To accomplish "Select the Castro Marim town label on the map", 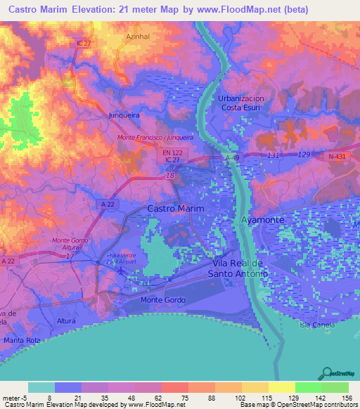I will coord(176,209).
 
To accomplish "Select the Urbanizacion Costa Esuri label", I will coord(241,103).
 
